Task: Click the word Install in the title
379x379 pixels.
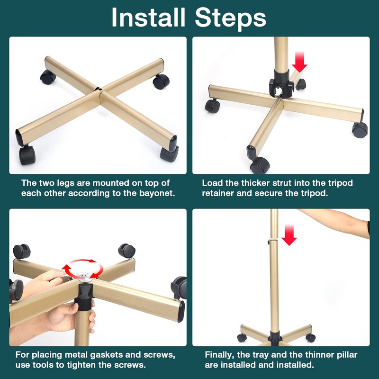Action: click(x=148, y=18)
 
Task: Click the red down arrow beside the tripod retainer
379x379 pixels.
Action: click(x=299, y=62)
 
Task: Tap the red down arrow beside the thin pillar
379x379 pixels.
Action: click(x=289, y=235)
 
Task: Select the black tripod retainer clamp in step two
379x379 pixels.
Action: click(x=281, y=84)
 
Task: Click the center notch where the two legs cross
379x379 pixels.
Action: click(x=99, y=89)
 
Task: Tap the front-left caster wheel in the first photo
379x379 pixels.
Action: click(x=27, y=155)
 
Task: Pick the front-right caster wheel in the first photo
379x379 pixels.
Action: click(x=169, y=153)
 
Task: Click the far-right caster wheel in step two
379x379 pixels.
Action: click(x=360, y=130)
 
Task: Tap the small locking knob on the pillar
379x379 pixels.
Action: click(x=269, y=241)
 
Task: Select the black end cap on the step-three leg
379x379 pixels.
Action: click(x=181, y=312)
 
